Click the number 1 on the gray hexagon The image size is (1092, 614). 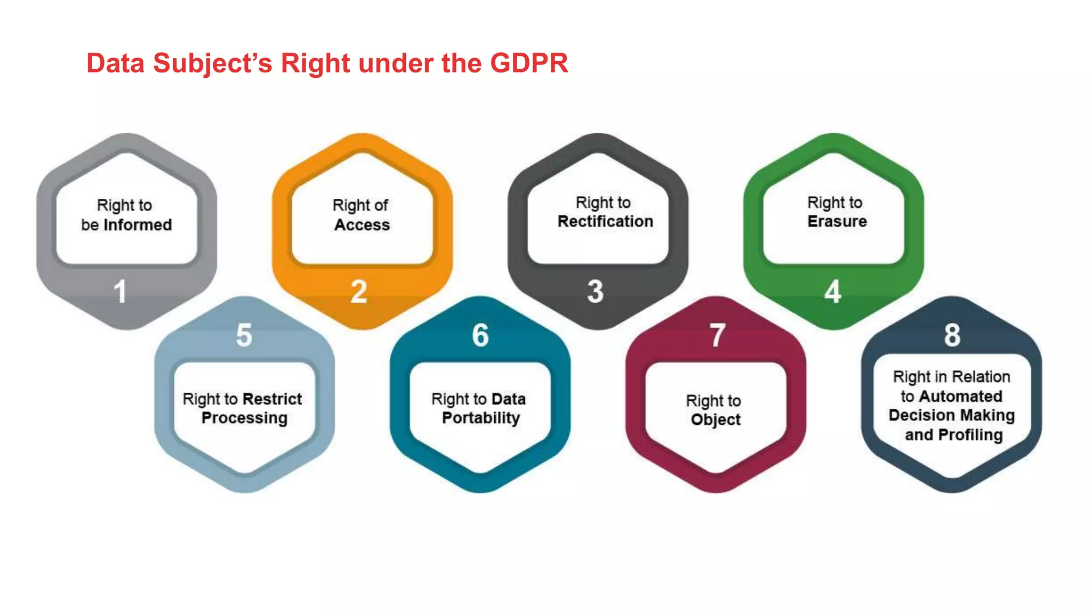[121, 292]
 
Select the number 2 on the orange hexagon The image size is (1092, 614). [359, 292]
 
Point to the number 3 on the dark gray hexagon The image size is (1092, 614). [595, 292]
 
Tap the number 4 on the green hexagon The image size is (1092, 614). [832, 292]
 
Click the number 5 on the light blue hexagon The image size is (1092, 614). [244, 335]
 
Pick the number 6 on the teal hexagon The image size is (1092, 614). [480, 335]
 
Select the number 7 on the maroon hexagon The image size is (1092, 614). [717, 335]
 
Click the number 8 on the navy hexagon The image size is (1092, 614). [952, 335]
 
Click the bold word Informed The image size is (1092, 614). [138, 225]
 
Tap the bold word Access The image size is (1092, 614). [362, 225]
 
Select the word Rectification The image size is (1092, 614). [605, 221]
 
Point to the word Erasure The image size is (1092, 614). [837, 221]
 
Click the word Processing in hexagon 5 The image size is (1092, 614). [244, 418]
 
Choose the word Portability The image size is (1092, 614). [480, 418]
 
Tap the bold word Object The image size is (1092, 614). [716, 419]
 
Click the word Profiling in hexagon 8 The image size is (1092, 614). [970, 435]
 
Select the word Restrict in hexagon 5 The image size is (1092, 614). [272, 399]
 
